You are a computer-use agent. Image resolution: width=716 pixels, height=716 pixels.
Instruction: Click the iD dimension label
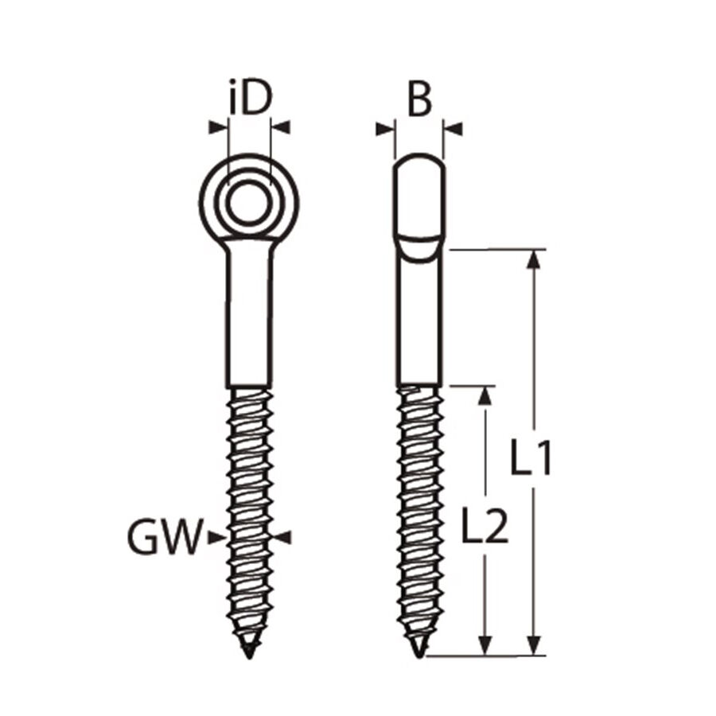(x=250, y=99)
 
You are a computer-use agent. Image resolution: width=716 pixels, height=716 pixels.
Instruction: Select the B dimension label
(x=419, y=100)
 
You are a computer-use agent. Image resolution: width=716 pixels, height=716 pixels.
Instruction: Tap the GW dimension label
(x=162, y=539)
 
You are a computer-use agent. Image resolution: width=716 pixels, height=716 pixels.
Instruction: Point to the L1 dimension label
(x=531, y=459)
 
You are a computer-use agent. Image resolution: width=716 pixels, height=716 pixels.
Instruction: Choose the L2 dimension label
(x=484, y=526)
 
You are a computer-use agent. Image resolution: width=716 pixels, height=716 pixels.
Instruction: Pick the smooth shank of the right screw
(x=419, y=318)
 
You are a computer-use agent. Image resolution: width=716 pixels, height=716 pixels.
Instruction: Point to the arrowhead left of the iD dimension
(x=217, y=126)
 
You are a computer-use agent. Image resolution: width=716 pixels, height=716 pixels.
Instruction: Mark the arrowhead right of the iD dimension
(x=280, y=126)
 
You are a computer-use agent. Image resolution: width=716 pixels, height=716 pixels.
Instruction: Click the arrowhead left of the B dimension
(x=385, y=127)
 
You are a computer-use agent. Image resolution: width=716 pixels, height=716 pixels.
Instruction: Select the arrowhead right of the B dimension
(x=453, y=127)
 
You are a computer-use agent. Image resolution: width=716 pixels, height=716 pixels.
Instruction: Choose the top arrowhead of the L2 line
(x=483, y=395)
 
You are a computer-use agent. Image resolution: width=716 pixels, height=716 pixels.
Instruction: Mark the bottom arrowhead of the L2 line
(x=483, y=645)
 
